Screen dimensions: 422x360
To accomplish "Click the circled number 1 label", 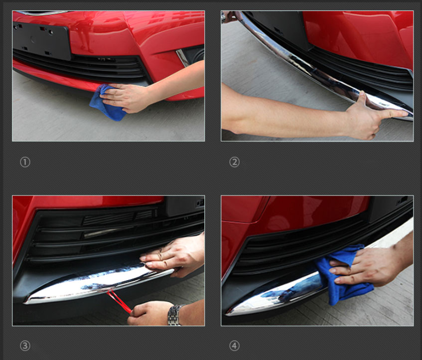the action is coord(25,162).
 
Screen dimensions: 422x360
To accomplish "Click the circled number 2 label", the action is coord(234,162).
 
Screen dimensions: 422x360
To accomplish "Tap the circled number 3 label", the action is coord(25,346).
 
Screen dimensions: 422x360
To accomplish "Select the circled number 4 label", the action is coord(234,346).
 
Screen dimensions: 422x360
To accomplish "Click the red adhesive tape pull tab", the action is coord(119,301).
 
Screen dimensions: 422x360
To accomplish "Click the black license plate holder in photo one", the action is coord(42,40).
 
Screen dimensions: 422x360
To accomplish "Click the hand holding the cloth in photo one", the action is coord(127,97).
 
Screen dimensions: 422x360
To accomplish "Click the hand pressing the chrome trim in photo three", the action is coord(172,256).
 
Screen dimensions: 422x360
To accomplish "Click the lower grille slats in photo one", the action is coord(81,66).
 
